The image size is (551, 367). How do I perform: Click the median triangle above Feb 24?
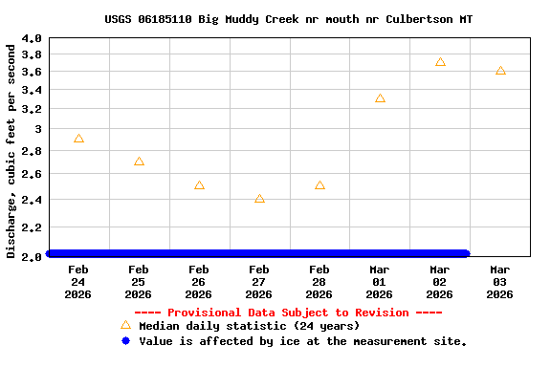(78, 139)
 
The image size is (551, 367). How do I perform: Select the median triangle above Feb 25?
(139, 162)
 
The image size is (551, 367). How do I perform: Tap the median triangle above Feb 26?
(199, 185)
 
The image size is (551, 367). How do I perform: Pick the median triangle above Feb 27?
(259, 199)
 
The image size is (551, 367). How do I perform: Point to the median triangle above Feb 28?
(320, 185)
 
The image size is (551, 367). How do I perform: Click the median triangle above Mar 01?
(380, 98)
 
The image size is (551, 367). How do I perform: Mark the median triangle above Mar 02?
(440, 62)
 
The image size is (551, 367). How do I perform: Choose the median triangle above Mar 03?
(500, 71)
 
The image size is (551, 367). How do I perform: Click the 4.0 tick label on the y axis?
(32, 38)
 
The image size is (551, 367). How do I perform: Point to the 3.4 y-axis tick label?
(32, 90)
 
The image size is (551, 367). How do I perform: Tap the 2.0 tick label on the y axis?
(32, 256)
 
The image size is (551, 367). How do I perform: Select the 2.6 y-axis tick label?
(32, 174)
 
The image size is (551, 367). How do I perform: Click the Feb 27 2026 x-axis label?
(259, 282)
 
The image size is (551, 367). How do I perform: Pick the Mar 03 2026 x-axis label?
(500, 282)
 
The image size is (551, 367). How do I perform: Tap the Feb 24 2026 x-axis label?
(78, 282)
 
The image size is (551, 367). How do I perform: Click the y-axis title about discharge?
(11, 151)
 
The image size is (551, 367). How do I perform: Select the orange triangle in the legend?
(125, 325)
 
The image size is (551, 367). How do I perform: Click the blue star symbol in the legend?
(125, 340)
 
